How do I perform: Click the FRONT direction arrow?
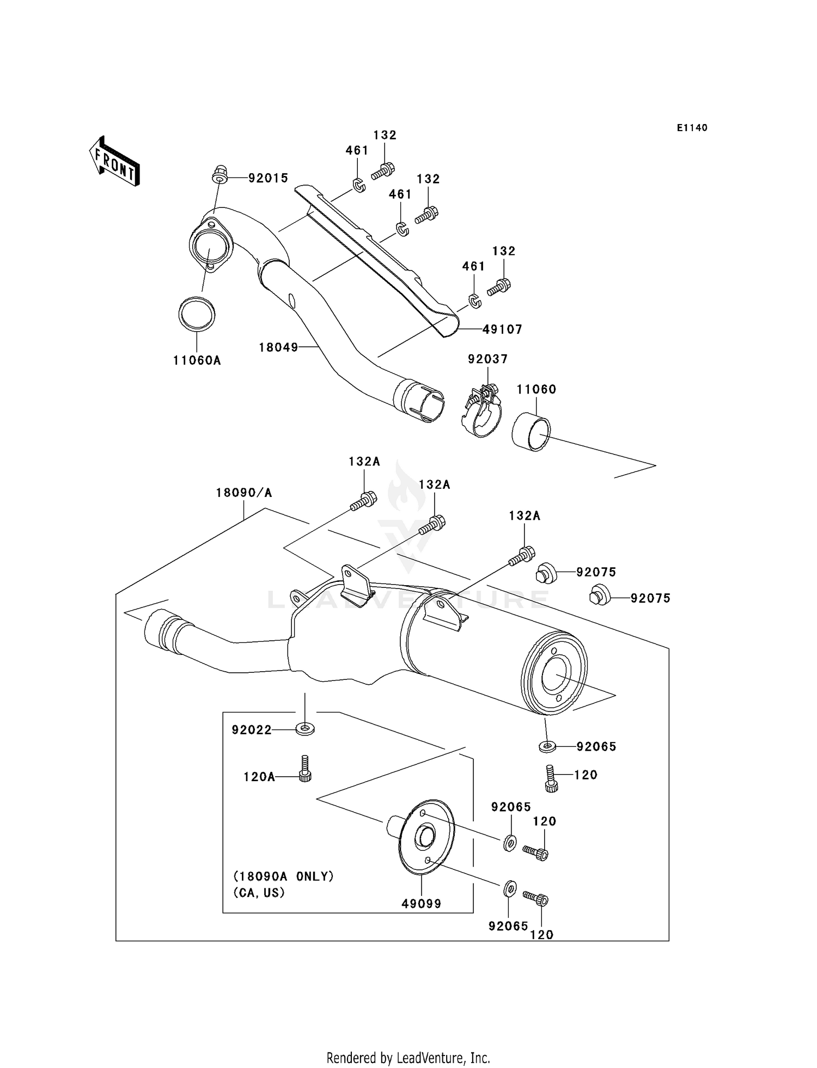tap(114, 162)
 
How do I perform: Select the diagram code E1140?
tap(692, 128)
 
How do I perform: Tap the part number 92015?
tap(268, 178)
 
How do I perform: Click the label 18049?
tap(278, 347)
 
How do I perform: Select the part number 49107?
tap(502, 329)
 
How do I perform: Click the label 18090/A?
tap(243, 493)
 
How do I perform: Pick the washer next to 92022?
tap(305, 728)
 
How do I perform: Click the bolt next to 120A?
tap(305, 769)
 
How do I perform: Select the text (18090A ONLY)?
tap(283, 876)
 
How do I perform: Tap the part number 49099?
tap(421, 904)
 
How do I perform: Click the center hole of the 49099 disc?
tap(424, 837)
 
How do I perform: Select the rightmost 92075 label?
tap(650, 598)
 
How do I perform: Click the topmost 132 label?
tap(385, 135)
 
